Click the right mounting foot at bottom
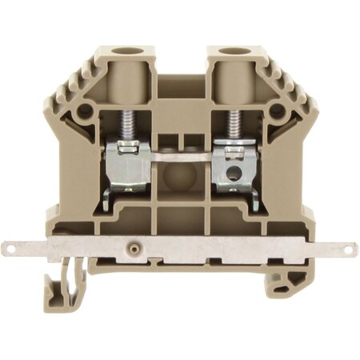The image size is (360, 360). (289, 280)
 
